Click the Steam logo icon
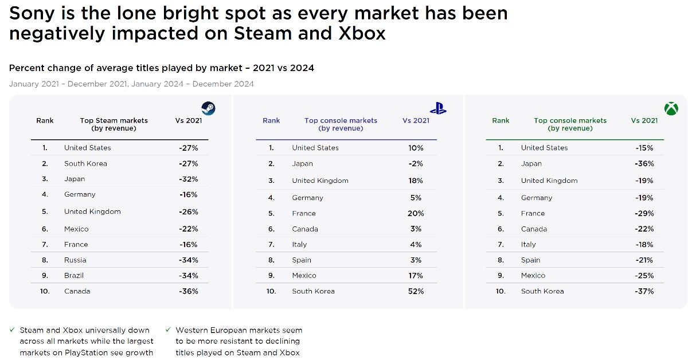coord(208,109)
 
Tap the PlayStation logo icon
coord(438,108)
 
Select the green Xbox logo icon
coord(671,108)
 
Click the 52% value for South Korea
coord(416,291)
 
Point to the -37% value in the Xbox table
coord(644,291)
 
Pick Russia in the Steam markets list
coord(75,260)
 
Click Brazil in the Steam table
coord(74,275)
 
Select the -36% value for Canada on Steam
coord(188,291)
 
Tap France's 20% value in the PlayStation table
coord(416,213)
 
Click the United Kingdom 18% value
coord(416,181)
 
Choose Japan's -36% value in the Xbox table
coord(644,163)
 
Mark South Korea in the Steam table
coord(85,163)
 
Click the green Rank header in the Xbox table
coord(501,120)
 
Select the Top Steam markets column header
coord(114,124)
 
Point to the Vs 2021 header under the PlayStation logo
coord(416,120)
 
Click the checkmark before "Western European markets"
coord(168,330)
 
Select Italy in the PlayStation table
coord(299,244)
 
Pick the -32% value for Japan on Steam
coord(188,179)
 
